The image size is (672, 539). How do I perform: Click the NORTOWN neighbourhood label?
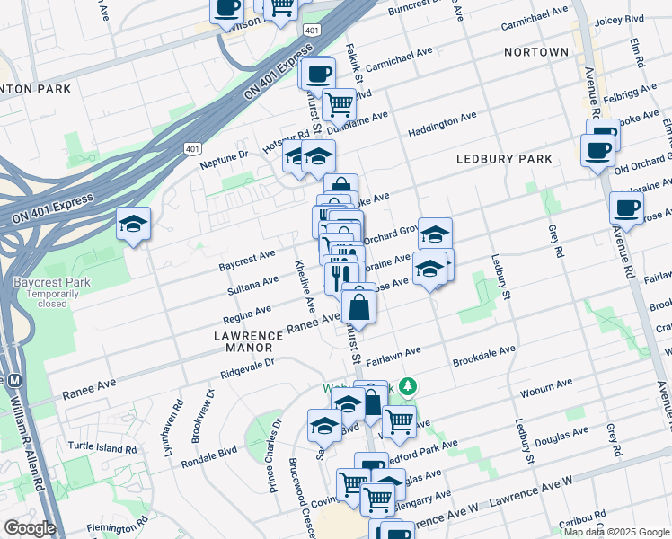535,52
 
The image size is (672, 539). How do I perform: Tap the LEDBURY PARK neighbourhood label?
503,159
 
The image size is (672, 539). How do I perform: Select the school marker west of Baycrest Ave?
133,225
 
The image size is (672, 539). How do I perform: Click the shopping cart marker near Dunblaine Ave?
339,104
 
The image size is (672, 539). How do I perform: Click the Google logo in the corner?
30,528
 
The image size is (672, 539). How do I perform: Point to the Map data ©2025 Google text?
615,532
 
